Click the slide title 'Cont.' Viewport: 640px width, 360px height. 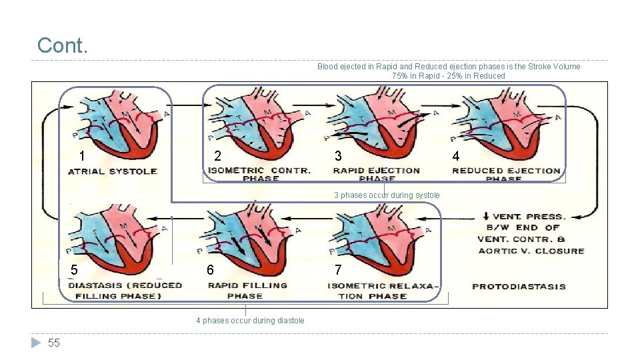pyautogui.click(x=63, y=45)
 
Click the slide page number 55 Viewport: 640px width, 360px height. pyautogui.click(x=54, y=343)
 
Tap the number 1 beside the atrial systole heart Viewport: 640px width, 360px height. pyautogui.click(x=81, y=157)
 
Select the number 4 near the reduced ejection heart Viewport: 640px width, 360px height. pyautogui.click(x=455, y=157)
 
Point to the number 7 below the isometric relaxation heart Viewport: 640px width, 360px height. pyautogui.click(x=338, y=270)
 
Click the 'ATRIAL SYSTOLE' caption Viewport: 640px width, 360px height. pyautogui.click(x=113, y=171)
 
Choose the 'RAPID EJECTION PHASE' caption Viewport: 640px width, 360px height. pyautogui.click(x=377, y=174)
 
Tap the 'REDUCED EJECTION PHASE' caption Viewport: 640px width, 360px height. pyautogui.click(x=506, y=174)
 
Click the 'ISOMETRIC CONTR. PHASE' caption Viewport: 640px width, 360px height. pyautogui.click(x=259, y=174)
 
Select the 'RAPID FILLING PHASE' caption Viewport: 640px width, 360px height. pyautogui.click(x=247, y=290)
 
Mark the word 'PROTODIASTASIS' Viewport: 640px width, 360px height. pyautogui.click(x=519, y=287)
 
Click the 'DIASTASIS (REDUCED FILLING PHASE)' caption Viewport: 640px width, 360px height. pyautogui.click(x=125, y=290)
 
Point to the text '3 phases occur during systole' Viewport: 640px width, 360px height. pyautogui.click(x=387, y=195)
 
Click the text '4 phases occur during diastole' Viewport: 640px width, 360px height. pyautogui.click(x=250, y=321)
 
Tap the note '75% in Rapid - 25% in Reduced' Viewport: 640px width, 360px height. pyautogui.click(x=449, y=76)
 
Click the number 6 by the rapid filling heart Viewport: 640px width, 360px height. pyautogui.click(x=210, y=270)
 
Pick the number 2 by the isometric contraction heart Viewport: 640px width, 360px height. pyautogui.click(x=217, y=157)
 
